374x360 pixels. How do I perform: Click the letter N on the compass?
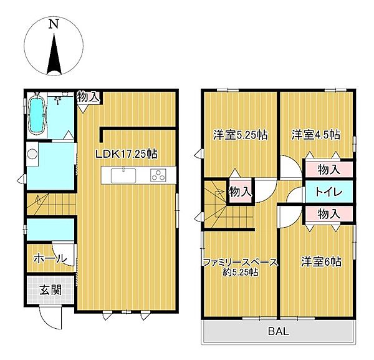tap(54, 24)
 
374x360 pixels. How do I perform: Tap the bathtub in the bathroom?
tap(37, 116)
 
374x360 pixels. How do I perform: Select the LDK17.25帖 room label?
tap(127, 154)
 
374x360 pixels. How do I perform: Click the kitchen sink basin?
tap(123, 175)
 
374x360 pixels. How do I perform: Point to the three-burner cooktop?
tap(158, 175)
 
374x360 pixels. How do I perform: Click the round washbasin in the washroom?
tap(32, 153)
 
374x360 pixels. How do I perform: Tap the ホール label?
tap(50, 258)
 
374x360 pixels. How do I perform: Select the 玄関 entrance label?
tap(50, 290)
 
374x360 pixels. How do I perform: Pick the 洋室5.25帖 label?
tap(241, 135)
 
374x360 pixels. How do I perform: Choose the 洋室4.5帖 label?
tap(316, 135)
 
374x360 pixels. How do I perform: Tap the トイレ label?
tap(329, 192)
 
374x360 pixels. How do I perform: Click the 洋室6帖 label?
tap(321, 262)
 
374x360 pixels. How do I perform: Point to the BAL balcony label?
tap(279, 331)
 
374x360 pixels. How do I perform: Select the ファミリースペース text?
tap(241, 263)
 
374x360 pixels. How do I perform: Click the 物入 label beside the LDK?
tap(89, 97)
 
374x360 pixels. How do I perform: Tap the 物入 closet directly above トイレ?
tap(329, 170)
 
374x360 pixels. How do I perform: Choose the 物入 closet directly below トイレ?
tap(329, 214)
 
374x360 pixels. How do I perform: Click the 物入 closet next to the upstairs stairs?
tap(241, 192)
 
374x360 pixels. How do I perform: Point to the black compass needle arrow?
tap(54, 54)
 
